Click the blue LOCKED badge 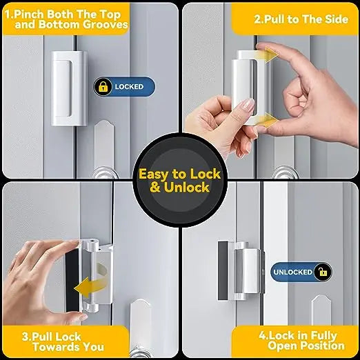click(125, 88)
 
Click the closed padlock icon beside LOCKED click(103, 88)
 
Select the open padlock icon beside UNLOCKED click(321, 272)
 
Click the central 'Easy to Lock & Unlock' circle click(179, 181)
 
